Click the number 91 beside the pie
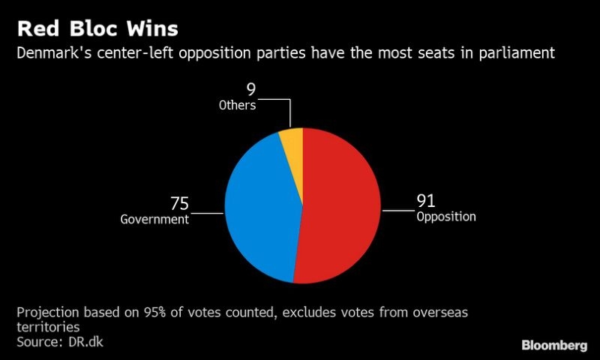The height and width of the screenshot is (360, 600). pyautogui.click(x=426, y=201)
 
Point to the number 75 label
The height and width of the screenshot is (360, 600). pyautogui.click(x=179, y=204)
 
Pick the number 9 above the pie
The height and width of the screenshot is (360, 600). pyautogui.click(x=251, y=90)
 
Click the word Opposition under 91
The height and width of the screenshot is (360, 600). pyautogui.click(x=446, y=217)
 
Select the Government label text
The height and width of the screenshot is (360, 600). pyautogui.click(x=154, y=220)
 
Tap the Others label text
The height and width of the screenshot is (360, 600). pyautogui.click(x=237, y=105)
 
